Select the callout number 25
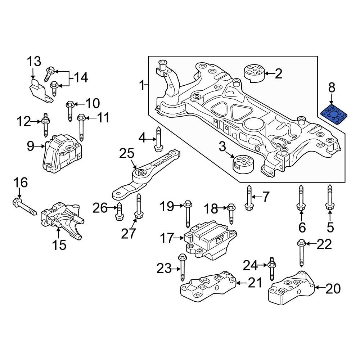point(126,154)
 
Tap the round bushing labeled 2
point(254,74)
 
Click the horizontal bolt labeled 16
point(24,207)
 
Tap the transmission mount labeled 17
point(209,241)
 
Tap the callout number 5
point(330,227)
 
